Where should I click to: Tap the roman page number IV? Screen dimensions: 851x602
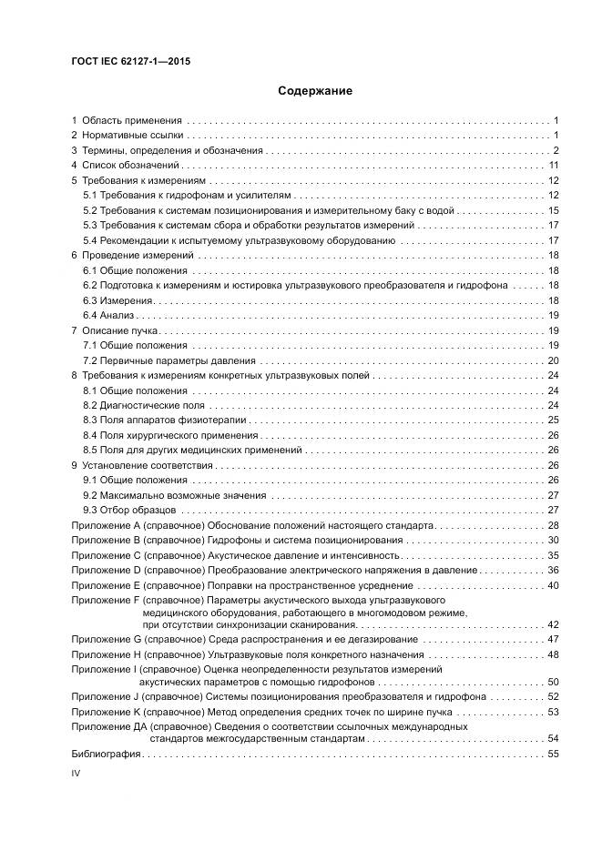coord(77,773)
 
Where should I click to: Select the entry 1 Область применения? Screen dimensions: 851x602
coord(128,120)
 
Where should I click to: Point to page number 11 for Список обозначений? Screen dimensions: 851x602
coord(552,166)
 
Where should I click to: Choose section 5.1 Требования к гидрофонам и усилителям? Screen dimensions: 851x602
coord(187,196)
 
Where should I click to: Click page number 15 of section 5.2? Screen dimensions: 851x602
coord(552,210)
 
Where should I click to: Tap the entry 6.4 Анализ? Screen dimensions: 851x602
coord(109,315)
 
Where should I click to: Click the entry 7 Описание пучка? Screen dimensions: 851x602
coord(115,330)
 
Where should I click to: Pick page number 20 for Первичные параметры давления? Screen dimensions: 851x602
coord(552,360)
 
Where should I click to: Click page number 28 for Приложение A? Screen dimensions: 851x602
coord(552,526)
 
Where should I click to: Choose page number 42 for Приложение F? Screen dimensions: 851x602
coord(552,624)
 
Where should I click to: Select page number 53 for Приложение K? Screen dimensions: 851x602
coord(552,712)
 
